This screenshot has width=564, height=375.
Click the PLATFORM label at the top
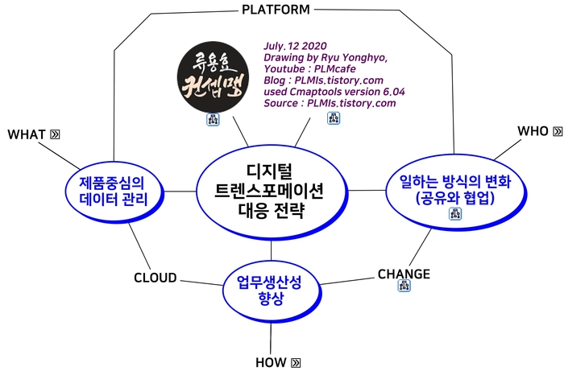(276, 10)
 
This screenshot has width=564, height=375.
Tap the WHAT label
(26, 134)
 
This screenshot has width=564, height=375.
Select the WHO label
(533, 130)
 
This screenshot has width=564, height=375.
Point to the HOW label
(271, 362)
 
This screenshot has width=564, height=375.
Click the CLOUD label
(155, 278)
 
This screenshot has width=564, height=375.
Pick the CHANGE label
(404, 274)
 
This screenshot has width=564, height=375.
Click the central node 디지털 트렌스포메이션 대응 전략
(271, 192)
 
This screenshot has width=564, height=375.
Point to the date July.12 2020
(297, 47)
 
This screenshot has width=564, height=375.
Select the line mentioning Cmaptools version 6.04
(334, 92)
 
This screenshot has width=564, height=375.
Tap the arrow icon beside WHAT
(55, 134)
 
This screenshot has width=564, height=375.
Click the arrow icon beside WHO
(558, 130)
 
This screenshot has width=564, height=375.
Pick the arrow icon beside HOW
(297, 362)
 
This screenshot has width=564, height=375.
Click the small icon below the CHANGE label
(403, 289)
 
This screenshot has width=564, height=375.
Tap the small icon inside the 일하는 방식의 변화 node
(454, 213)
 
